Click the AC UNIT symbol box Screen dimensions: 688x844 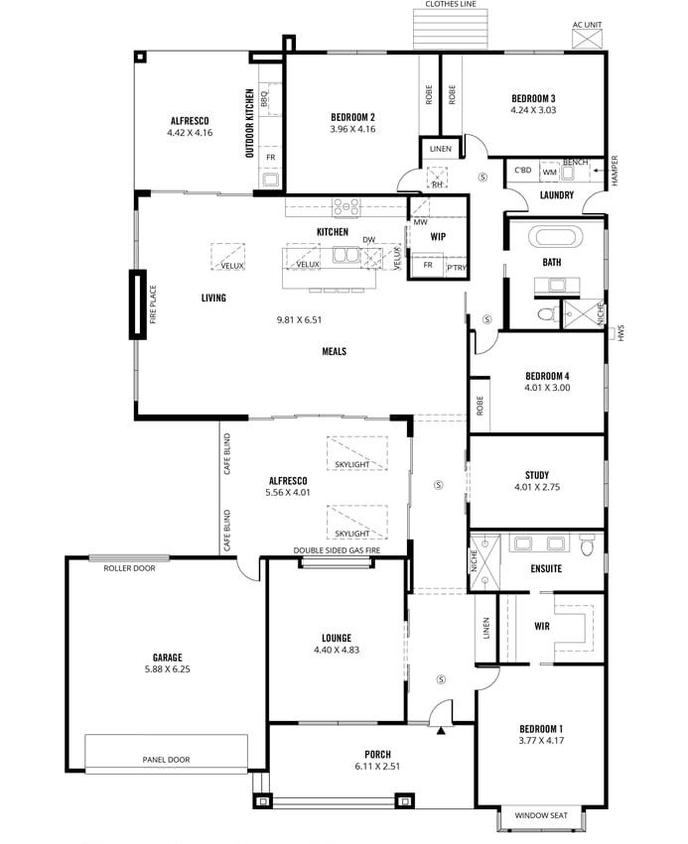pos(587,40)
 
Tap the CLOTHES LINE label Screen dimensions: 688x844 pos(451,4)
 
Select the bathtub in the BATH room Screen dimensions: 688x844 pos(556,237)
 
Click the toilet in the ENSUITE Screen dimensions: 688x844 pos(588,544)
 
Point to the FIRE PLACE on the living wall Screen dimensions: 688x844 pos(137,304)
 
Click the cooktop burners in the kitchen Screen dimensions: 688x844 pos(345,207)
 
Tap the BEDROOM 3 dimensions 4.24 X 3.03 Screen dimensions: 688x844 pos(533,110)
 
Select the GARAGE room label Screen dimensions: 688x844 pos(168,658)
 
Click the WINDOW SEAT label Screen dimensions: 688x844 pos(541,815)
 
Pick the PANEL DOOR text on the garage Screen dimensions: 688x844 pos(166,760)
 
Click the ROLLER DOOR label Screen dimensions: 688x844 pos(129,568)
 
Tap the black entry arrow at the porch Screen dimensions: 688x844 pos(441,730)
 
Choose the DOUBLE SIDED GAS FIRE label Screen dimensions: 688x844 pos(337,550)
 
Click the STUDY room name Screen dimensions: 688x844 pos(537,475)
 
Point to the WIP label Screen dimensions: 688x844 pos(438,236)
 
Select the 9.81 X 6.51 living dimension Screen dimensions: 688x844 pos(299,319)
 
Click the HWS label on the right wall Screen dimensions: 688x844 pos(620,332)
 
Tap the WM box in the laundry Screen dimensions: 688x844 pos(550,172)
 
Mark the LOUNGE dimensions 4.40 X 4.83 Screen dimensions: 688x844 pos(337,650)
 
